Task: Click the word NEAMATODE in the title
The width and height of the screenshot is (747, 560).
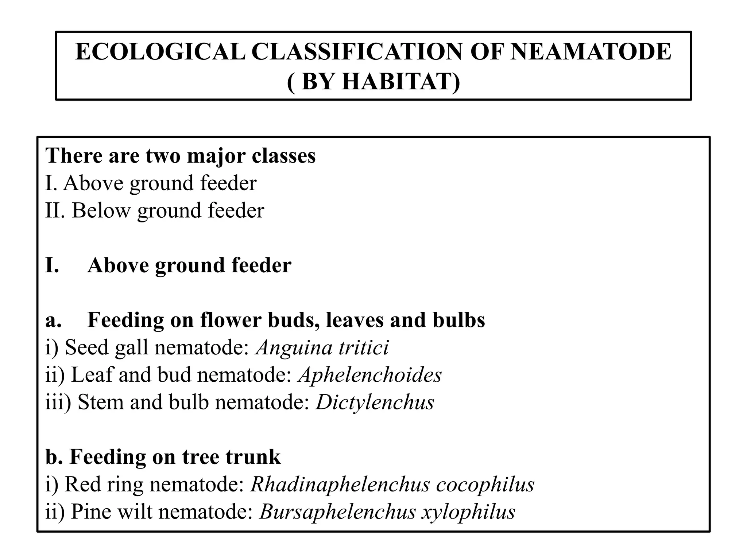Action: (591, 52)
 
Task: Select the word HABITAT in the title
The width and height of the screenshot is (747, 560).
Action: (401, 81)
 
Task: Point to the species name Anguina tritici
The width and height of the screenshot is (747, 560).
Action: (322, 347)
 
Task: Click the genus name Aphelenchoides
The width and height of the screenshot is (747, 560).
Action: (370, 375)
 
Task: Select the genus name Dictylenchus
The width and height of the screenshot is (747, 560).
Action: (375, 402)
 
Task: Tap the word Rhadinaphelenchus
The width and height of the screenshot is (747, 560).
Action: (340, 485)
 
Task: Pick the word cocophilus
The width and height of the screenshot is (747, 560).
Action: (485, 485)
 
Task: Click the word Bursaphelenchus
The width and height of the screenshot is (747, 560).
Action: (338, 512)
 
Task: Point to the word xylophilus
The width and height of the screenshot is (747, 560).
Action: (469, 512)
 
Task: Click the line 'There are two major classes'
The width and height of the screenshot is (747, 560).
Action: (181, 156)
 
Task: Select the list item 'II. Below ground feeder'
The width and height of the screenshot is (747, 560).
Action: (155, 211)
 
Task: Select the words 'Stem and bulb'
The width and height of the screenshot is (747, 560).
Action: (143, 402)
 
